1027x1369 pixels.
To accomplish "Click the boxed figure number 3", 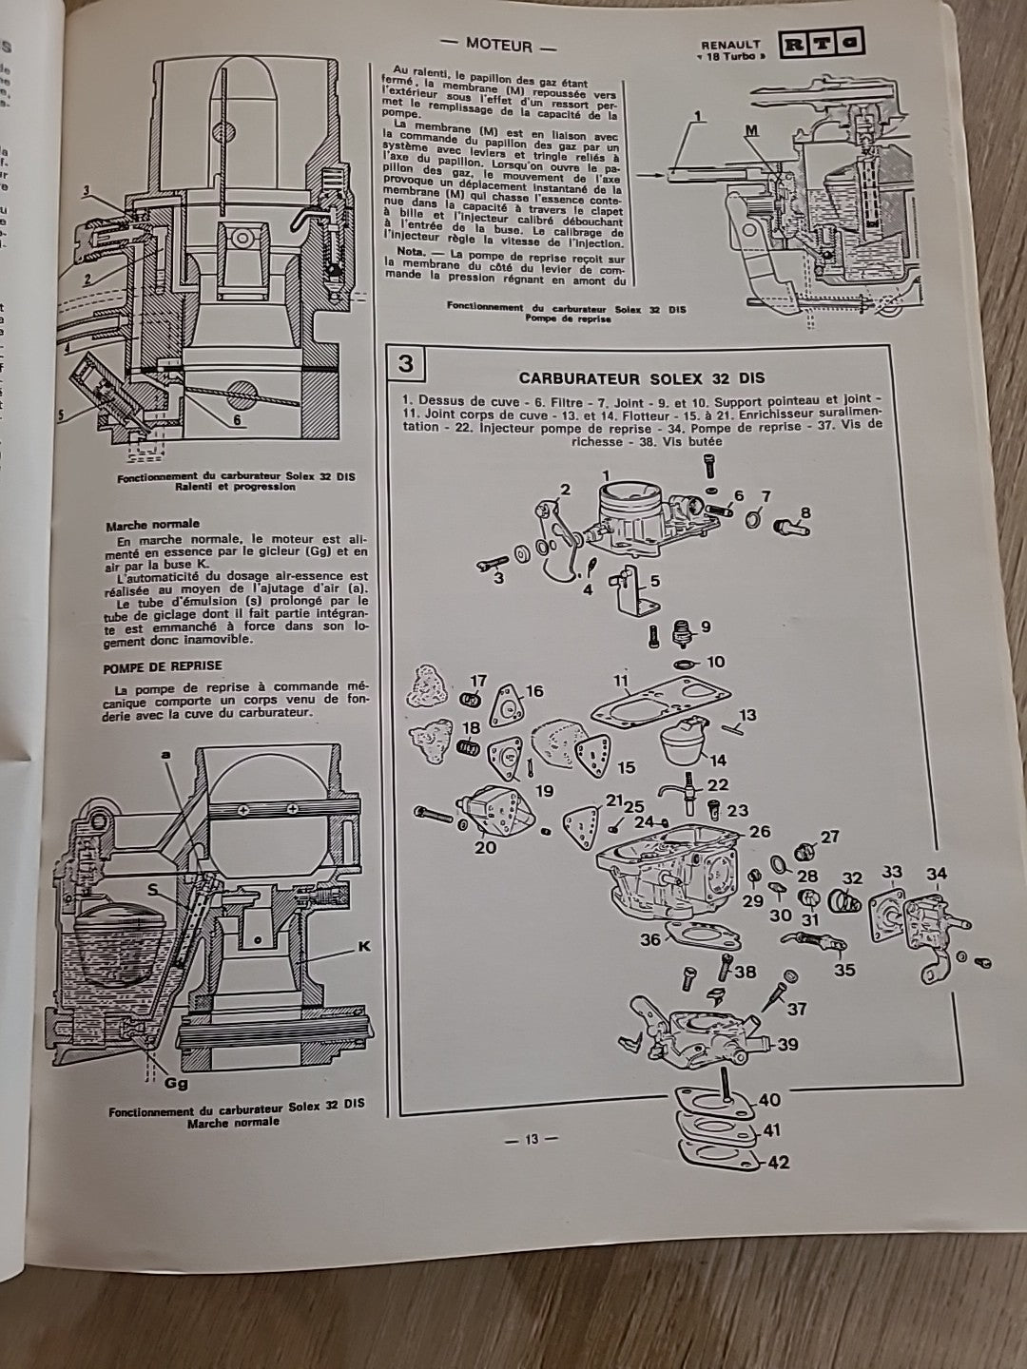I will click(406, 365).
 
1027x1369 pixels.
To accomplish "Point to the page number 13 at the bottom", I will click(531, 1140).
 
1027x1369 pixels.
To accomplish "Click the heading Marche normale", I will click(153, 523).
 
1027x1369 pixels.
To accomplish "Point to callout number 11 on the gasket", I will click(622, 681).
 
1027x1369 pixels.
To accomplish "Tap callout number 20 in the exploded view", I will click(485, 847).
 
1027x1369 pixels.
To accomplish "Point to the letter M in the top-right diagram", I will click(752, 131).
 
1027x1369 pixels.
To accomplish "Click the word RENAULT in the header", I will click(730, 44).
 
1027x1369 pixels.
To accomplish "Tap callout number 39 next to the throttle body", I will click(786, 1044).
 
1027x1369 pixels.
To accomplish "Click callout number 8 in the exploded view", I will click(806, 513).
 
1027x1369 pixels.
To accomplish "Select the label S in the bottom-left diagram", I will click(151, 888).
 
